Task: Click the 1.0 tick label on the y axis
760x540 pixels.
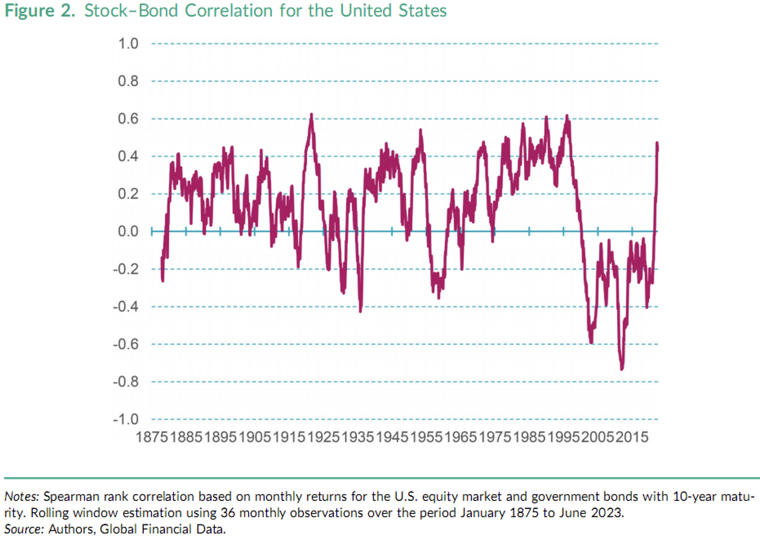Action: pyautogui.click(x=128, y=44)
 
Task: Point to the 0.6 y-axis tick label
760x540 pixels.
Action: pyautogui.click(x=128, y=119)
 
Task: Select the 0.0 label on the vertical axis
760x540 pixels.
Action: pyautogui.click(x=128, y=231)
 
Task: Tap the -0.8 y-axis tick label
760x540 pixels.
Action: pyautogui.click(x=125, y=382)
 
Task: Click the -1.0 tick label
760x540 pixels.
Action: pyautogui.click(x=125, y=419)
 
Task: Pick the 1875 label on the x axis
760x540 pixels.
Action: pyautogui.click(x=152, y=437)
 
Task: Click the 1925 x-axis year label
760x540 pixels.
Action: pyautogui.click(x=323, y=437)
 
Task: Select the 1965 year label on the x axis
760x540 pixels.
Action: pyautogui.click(x=461, y=437)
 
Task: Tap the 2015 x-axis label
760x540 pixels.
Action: pyautogui.click(x=632, y=437)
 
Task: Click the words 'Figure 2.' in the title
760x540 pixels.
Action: pyautogui.click(x=40, y=11)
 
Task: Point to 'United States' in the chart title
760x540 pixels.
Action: pyautogui.click(x=393, y=11)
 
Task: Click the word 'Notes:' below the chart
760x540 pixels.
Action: pyautogui.click(x=22, y=496)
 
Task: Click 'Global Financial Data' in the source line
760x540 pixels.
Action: pyautogui.click(x=163, y=529)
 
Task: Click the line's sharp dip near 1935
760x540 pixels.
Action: pyautogui.click(x=360, y=310)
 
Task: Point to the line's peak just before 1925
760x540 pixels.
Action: pyautogui.click(x=312, y=115)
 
